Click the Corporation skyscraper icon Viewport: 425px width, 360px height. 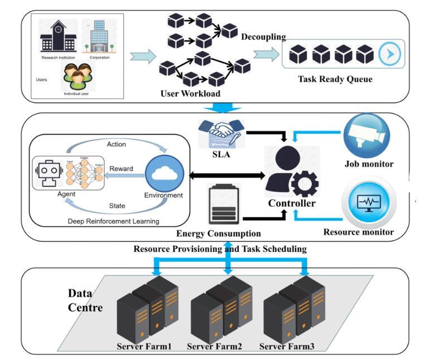tap(99, 35)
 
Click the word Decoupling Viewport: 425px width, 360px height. tap(263, 37)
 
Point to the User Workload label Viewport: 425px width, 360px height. tap(190, 93)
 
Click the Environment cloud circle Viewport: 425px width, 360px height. tap(163, 173)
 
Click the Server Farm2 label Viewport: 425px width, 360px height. tap(214, 347)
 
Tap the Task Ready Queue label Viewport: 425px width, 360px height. tap(335, 79)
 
